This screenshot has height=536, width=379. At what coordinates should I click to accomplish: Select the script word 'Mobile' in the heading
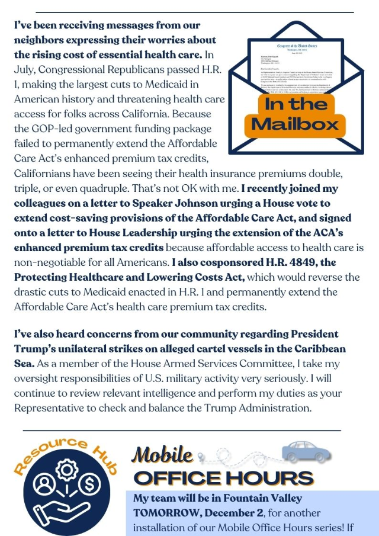(162, 455)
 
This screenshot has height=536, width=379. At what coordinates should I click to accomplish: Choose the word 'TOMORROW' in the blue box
(160, 512)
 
